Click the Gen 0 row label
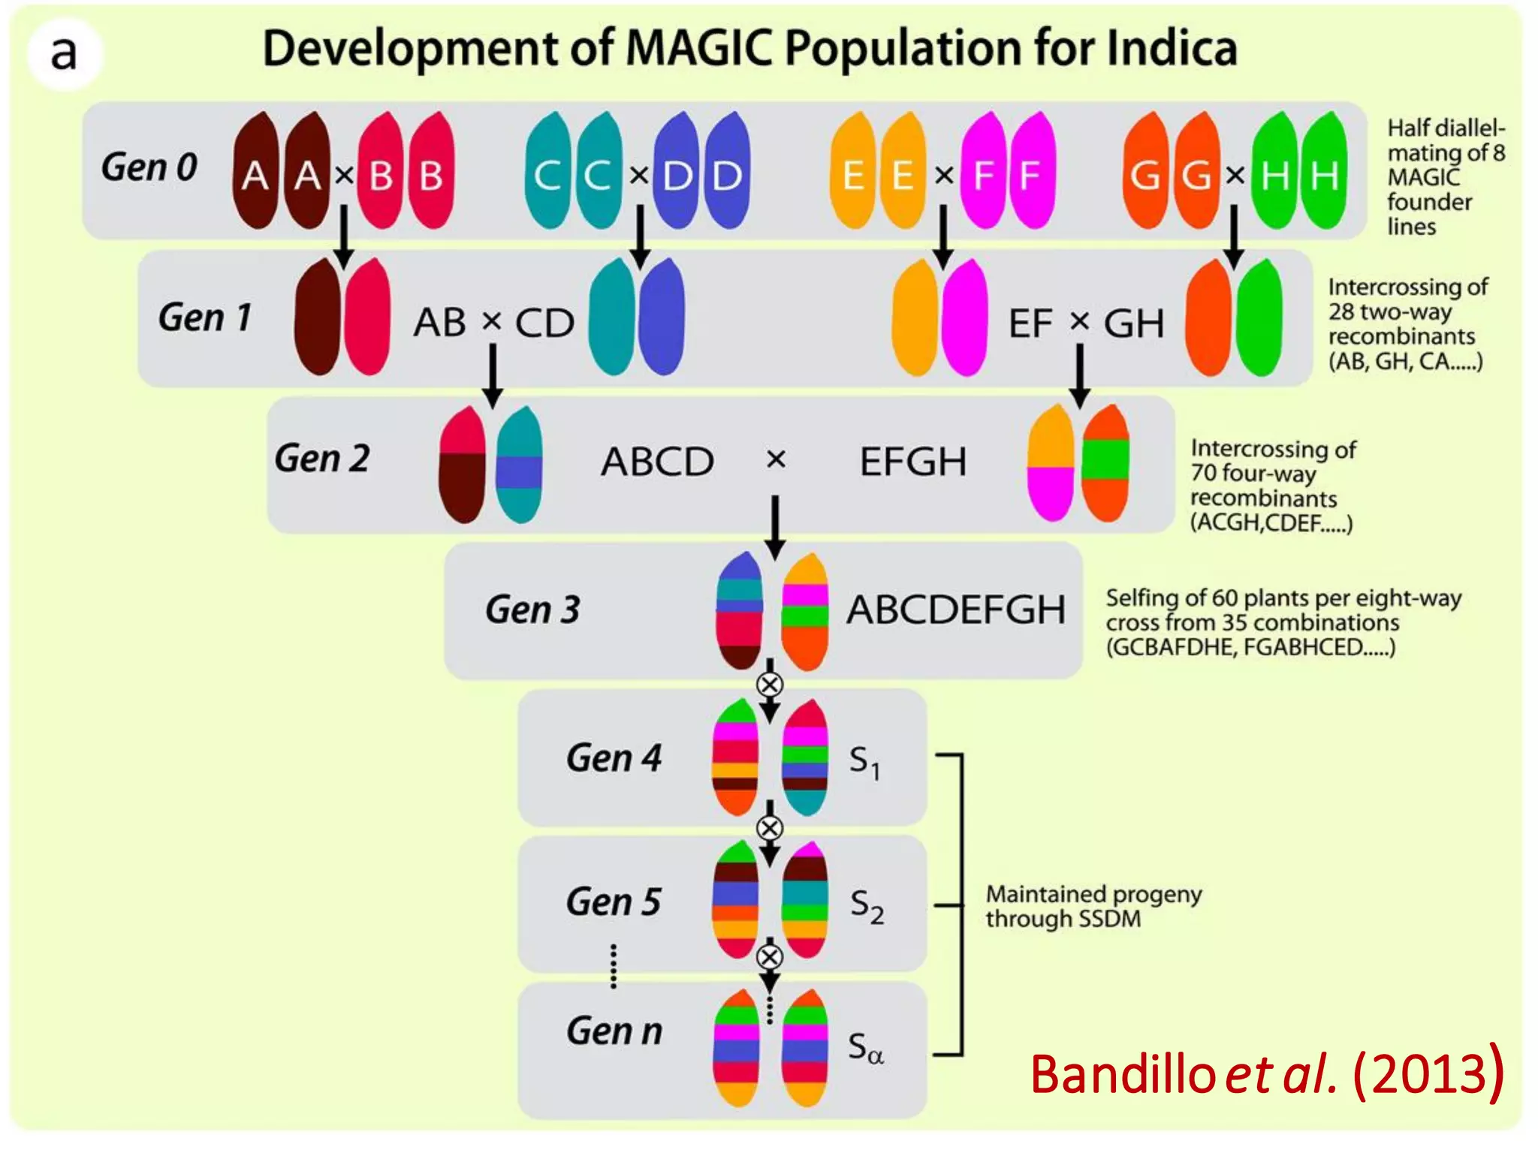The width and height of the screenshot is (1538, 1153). (x=149, y=167)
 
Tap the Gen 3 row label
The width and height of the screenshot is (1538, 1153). (x=532, y=610)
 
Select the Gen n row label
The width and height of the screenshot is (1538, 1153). (x=614, y=1031)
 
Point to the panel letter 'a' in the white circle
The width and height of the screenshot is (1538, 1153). (x=64, y=53)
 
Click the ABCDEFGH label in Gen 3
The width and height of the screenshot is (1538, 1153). (x=956, y=610)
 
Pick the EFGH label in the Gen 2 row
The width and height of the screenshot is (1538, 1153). (x=912, y=462)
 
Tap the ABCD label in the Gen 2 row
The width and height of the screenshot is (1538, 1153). (x=657, y=462)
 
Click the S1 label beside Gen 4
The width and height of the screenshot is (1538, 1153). (x=864, y=763)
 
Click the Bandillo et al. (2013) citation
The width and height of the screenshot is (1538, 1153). (x=1266, y=1073)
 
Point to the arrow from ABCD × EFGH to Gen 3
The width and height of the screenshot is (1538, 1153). (x=775, y=525)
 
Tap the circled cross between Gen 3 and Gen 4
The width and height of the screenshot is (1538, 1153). (x=769, y=685)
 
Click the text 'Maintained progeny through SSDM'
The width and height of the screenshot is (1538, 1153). (x=1093, y=906)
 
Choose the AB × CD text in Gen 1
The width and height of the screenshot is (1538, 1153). (x=493, y=323)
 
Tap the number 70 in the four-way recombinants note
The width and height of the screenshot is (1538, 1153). (x=1203, y=474)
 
